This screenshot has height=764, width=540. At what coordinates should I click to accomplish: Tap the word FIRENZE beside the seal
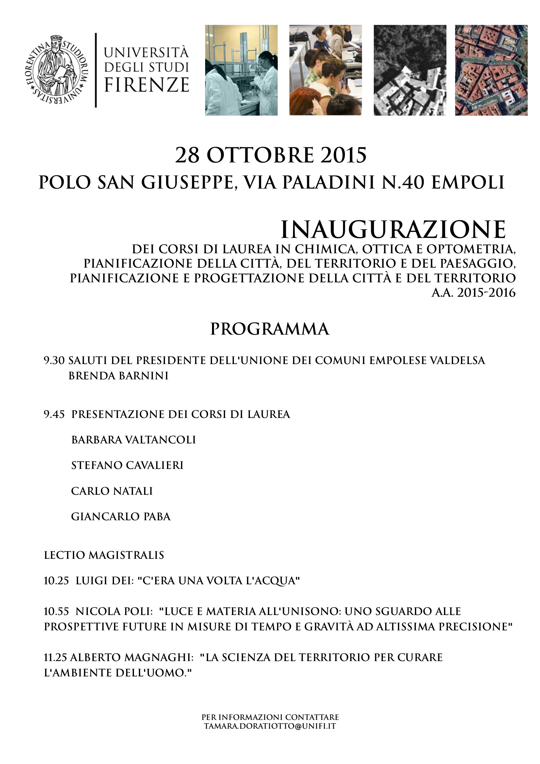pyautogui.click(x=146, y=85)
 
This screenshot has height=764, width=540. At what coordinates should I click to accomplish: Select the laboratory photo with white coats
pyautogui.click(x=241, y=70)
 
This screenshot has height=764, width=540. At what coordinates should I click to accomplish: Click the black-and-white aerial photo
pyautogui.click(x=410, y=70)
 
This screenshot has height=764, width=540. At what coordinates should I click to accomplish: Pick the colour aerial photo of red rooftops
pyautogui.click(x=491, y=70)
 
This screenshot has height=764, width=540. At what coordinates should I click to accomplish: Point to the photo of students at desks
pyautogui.click(x=325, y=70)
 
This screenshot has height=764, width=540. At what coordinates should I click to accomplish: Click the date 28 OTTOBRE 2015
pyautogui.click(x=270, y=155)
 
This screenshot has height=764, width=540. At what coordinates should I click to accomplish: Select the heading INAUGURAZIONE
pyautogui.click(x=393, y=230)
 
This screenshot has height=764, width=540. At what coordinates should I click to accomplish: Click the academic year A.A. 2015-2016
pyautogui.click(x=473, y=293)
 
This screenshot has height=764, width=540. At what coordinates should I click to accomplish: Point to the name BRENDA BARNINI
pyautogui.click(x=119, y=376)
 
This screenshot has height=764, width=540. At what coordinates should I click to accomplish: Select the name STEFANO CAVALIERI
pyautogui.click(x=127, y=465)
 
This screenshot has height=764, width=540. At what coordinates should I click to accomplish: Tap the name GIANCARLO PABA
pyautogui.click(x=121, y=516)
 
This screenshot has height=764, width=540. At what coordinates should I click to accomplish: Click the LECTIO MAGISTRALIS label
pyautogui.click(x=104, y=555)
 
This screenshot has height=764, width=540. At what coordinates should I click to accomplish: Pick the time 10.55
pyautogui.click(x=56, y=611)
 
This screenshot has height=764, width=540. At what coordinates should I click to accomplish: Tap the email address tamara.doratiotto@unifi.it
pyautogui.click(x=270, y=726)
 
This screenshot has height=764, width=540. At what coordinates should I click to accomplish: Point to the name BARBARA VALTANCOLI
pyautogui.click(x=133, y=440)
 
